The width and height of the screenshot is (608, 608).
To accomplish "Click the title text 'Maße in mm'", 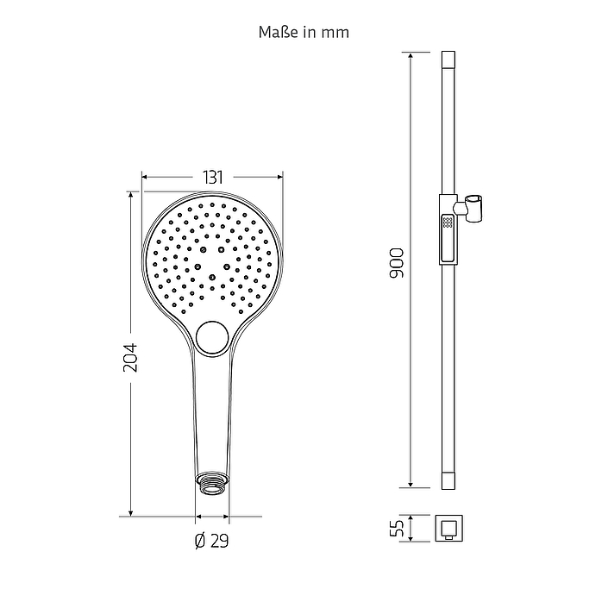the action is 304,32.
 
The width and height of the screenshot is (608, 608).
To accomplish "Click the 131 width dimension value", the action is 213,178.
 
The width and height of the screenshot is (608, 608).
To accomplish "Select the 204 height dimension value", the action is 130,358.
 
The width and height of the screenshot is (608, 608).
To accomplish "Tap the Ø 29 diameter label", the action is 211,541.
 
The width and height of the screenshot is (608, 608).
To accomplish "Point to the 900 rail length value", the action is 397,263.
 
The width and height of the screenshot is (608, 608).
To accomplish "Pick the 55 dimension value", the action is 397,528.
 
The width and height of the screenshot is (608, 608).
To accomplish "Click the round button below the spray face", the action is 212,338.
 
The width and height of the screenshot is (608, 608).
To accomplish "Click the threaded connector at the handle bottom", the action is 212,484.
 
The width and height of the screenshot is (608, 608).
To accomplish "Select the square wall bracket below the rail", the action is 448,528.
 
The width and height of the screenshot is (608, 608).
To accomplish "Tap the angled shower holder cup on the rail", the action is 473,209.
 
